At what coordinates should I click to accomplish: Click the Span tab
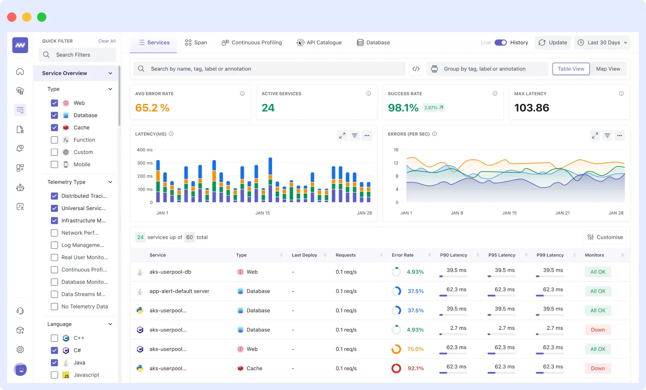[x=196, y=42]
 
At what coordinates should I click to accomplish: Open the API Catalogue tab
[x=319, y=42]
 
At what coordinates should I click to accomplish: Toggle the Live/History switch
[x=500, y=42]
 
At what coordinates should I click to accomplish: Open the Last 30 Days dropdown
[x=602, y=42]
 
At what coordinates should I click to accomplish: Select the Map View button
[x=608, y=69]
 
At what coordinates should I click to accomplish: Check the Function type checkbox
[x=54, y=140]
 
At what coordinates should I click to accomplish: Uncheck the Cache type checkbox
[x=54, y=127]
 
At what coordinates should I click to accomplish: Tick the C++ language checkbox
[x=54, y=338]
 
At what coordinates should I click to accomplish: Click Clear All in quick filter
[x=107, y=41]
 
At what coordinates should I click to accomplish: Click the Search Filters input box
[x=78, y=55]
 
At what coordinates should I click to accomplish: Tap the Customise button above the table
[x=605, y=237]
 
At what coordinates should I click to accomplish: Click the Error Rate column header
[x=402, y=255]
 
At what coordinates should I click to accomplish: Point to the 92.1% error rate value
[x=416, y=368]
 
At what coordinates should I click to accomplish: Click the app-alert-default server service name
[x=179, y=291]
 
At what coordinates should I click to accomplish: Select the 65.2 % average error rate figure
[x=152, y=108]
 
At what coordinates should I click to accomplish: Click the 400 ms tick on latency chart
[x=145, y=150]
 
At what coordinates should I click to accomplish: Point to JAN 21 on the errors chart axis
[x=562, y=213]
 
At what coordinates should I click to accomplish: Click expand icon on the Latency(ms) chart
[x=342, y=136]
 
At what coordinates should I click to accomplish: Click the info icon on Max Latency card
[x=621, y=94]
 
